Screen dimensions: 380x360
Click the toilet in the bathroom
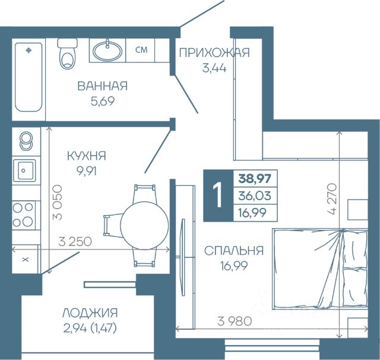[x=67, y=53]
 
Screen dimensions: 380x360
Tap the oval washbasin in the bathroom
[x=107, y=50]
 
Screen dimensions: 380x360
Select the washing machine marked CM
[x=140, y=50]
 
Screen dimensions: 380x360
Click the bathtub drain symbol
[x=29, y=50]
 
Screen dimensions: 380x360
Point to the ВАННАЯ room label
[x=103, y=86]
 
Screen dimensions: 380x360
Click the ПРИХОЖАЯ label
[x=214, y=53]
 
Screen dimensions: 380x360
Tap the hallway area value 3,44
[x=214, y=68]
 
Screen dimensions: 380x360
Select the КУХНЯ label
[x=87, y=156]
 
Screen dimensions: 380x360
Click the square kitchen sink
[x=24, y=170]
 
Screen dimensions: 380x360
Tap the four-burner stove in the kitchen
[x=24, y=215]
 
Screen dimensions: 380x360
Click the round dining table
[x=145, y=226]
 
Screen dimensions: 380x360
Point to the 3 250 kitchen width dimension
[x=75, y=241]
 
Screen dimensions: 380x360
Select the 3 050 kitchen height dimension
[x=58, y=203]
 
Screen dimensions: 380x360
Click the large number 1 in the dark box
[x=218, y=195]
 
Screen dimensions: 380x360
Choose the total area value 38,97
[x=255, y=178]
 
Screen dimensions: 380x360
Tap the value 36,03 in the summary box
[x=255, y=195]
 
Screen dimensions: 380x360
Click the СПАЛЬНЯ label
[x=233, y=251]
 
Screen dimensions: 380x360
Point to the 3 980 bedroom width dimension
[x=235, y=321]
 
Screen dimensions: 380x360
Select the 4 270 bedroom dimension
[x=332, y=199]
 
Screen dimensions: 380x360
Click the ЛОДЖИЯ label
[x=90, y=313]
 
